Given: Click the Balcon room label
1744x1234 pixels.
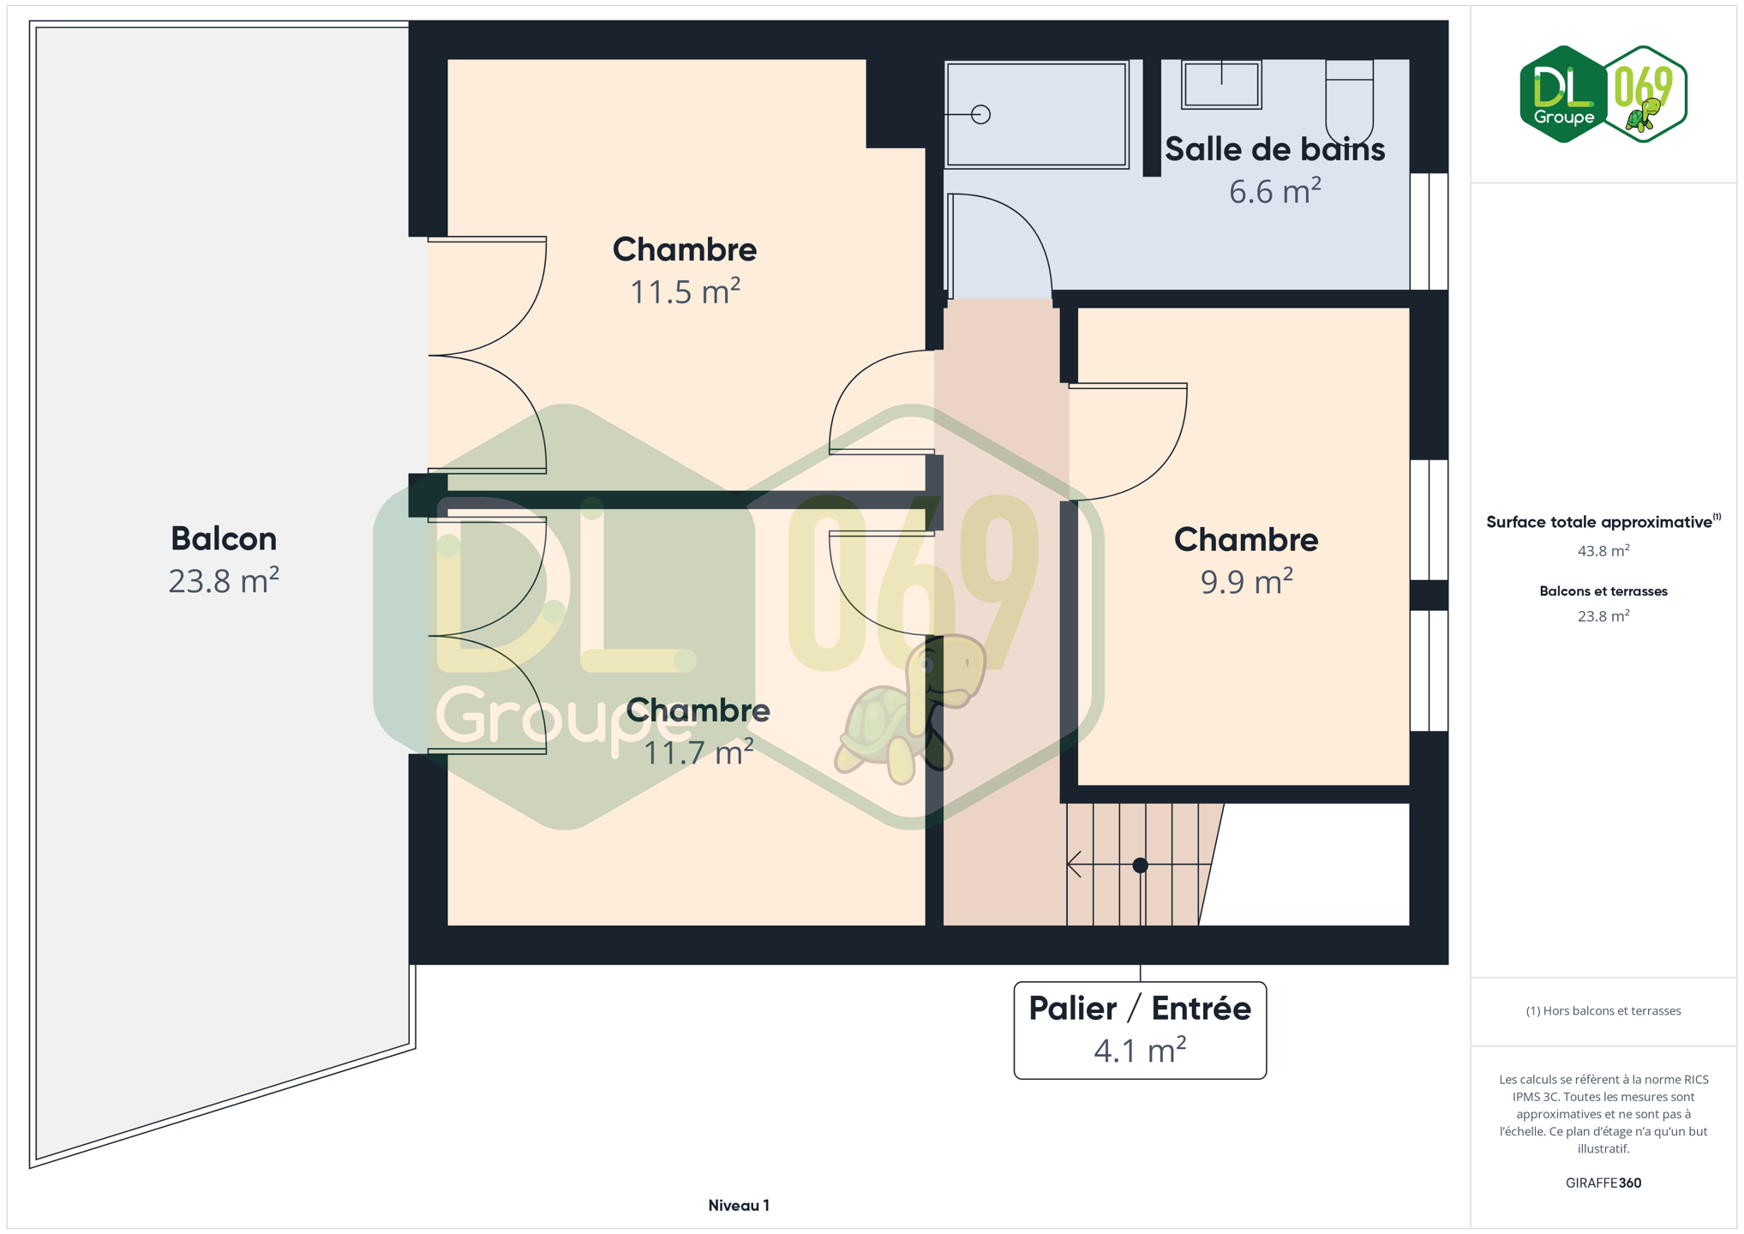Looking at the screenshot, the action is (x=224, y=539).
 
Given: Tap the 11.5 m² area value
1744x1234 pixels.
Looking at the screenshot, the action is (x=685, y=292).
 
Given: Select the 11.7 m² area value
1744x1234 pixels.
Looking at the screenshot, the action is (x=698, y=752).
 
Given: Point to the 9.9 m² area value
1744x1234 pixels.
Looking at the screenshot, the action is (x=1246, y=582).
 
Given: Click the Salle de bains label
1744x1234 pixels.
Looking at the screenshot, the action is (x=1274, y=149).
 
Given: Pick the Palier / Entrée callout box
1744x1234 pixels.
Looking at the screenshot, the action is (x=1140, y=1030).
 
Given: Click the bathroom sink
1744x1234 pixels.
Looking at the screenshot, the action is (x=1221, y=84).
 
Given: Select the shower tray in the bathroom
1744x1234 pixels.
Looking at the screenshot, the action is (x=1037, y=114).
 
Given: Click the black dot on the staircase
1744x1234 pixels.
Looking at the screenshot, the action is (x=1140, y=866).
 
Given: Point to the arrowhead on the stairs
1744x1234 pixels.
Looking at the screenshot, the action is (x=1073, y=865).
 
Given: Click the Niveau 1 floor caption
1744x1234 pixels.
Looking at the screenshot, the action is (x=739, y=1206).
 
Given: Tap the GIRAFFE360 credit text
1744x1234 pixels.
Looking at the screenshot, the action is (x=1603, y=1183).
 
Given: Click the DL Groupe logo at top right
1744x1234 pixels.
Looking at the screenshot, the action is (x=1563, y=94).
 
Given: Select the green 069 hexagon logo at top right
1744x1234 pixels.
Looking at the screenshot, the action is (x=1645, y=94).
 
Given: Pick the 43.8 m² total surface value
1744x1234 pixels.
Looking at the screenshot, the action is (x=1603, y=550).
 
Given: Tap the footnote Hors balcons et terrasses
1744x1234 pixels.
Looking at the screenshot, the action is (x=1603, y=1011).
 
